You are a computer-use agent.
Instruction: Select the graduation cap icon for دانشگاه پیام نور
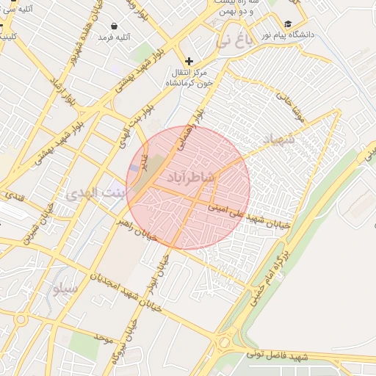288,24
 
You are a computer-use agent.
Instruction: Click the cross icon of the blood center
189,61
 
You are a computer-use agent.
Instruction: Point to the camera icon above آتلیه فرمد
113,26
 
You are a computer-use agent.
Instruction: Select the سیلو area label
64,288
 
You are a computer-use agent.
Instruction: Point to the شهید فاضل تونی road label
271,355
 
